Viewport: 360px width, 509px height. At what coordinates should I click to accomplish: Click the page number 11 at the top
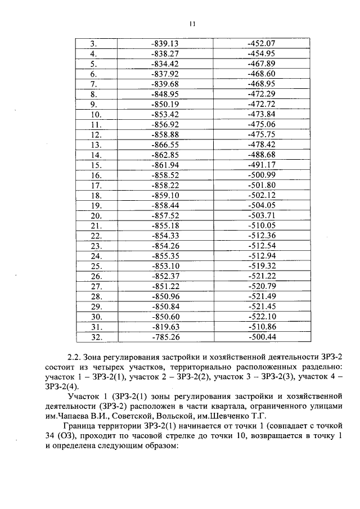192,24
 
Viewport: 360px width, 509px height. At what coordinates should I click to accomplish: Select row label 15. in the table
95,165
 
